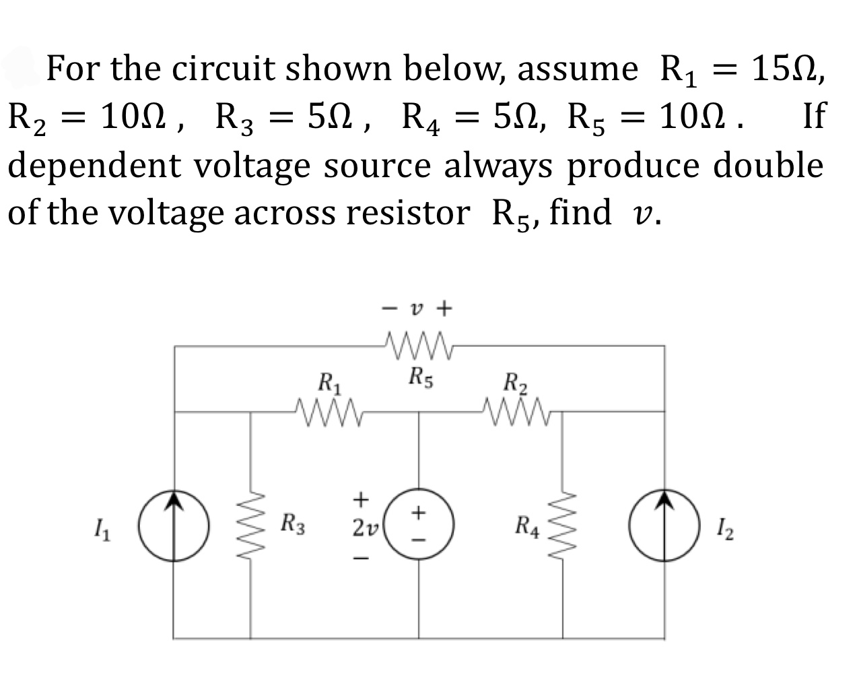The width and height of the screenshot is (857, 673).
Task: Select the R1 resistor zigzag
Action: (329, 408)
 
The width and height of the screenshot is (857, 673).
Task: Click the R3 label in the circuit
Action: (293, 523)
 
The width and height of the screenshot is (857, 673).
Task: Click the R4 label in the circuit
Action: (527, 524)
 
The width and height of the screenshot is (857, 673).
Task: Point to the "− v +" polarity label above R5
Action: (417, 309)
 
